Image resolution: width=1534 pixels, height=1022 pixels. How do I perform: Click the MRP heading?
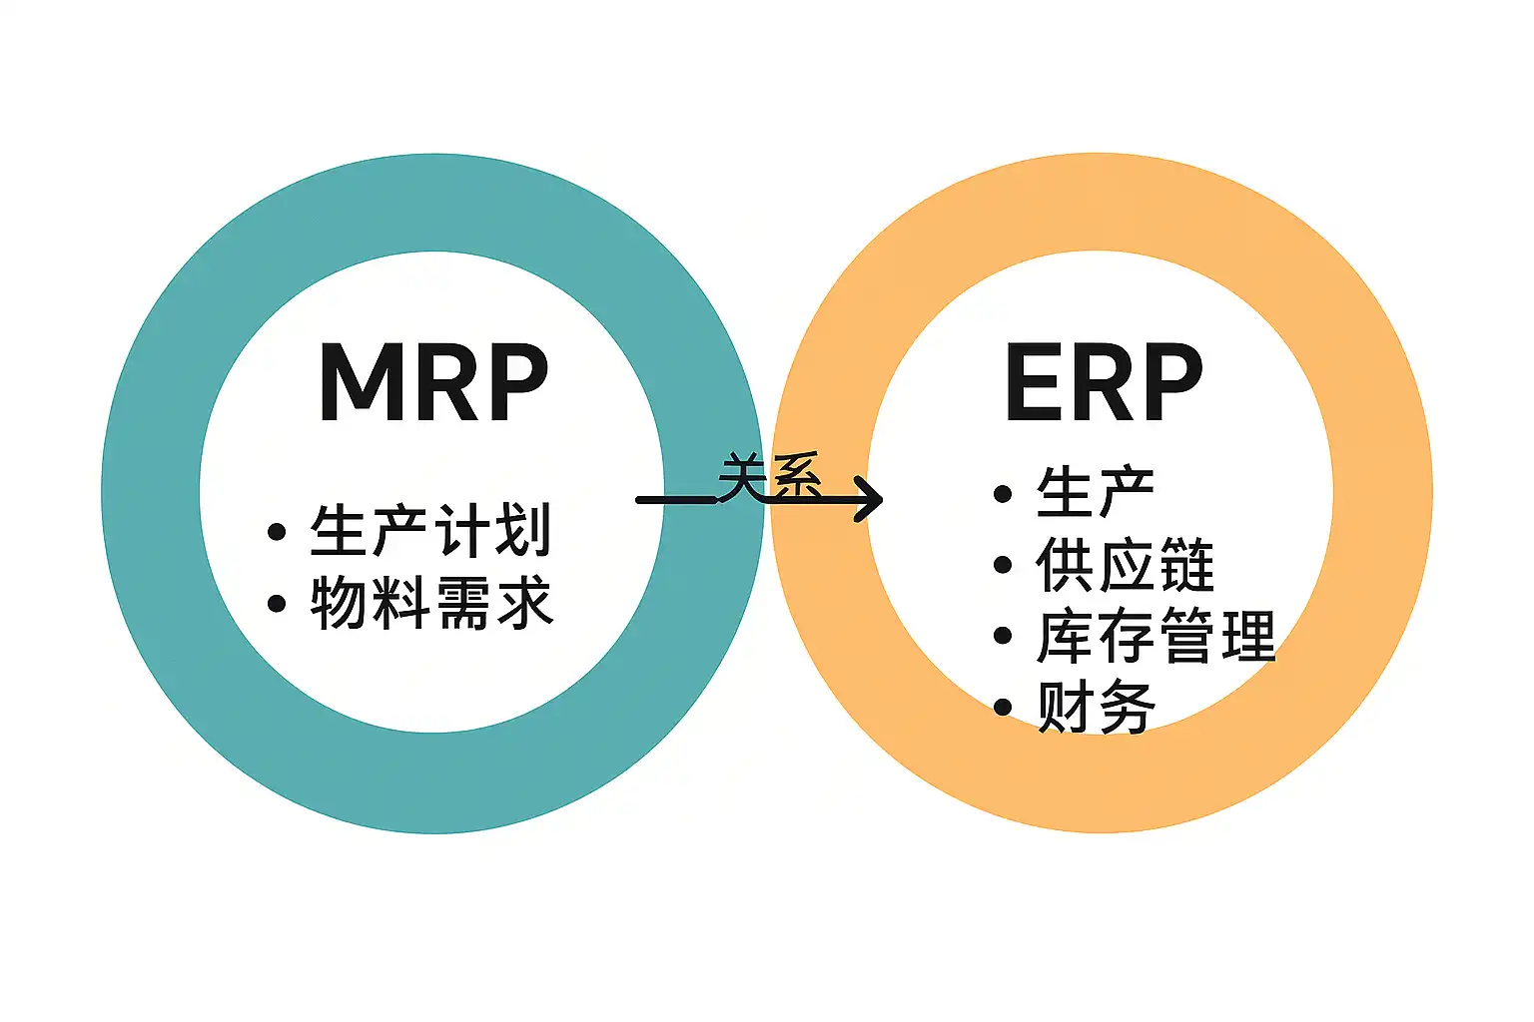tap(433, 382)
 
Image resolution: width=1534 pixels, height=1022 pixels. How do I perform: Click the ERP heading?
tap(1103, 382)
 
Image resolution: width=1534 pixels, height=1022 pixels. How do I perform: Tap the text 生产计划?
tap(430, 530)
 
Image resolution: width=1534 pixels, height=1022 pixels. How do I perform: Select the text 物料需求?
tap(431, 603)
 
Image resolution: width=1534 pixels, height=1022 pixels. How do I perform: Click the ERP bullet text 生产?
tap(1095, 492)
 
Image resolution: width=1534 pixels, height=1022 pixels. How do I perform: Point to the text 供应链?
tap(1125, 565)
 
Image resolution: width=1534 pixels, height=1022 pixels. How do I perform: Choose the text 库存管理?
tap(1155, 637)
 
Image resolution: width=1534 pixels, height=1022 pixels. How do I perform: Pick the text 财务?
tap(1096, 708)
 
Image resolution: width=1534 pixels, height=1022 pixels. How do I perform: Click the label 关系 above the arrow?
tap(769, 476)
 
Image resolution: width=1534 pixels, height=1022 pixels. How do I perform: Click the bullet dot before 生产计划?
tap(277, 532)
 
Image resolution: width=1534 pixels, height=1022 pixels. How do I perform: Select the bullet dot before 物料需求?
tap(277, 604)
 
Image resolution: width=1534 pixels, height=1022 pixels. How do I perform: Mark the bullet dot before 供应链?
tap(1003, 565)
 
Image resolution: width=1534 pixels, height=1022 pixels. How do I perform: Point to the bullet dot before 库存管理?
tap(1003, 637)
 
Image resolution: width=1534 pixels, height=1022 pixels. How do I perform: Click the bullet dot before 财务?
tap(1003, 708)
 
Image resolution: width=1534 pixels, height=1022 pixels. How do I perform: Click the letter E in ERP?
tap(1035, 382)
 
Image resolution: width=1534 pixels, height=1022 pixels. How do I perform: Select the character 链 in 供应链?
tap(1185, 565)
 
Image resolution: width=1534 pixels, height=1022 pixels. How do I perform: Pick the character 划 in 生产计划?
tap(522, 530)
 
